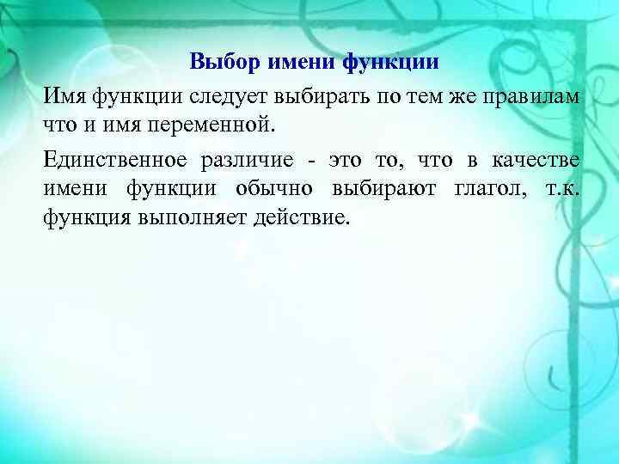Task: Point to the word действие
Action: click(302, 217)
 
